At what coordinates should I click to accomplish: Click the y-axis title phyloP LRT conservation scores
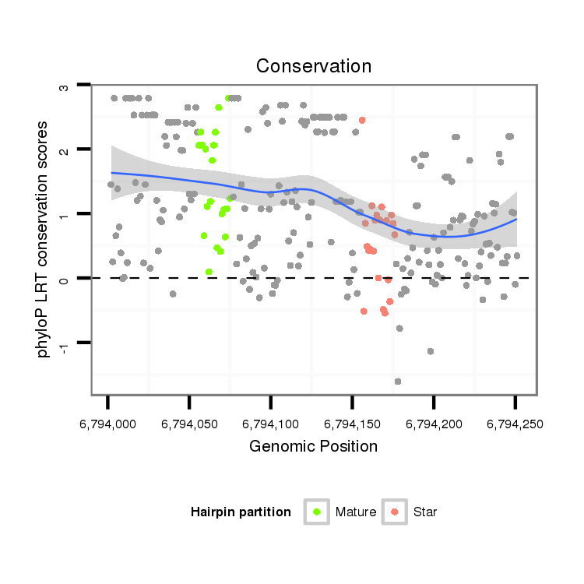coord(44,239)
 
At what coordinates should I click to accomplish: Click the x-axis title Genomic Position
coord(313,447)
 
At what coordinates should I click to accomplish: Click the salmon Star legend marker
coord(395,512)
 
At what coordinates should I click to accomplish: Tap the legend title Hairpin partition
coord(241,512)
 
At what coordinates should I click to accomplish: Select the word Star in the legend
coord(425,512)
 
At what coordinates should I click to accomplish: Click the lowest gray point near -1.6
coord(398,382)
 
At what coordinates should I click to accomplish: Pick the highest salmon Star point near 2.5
coord(362,120)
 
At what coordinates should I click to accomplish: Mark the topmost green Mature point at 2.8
coord(228,98)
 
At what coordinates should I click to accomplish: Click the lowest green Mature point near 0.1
coord(209,272)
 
